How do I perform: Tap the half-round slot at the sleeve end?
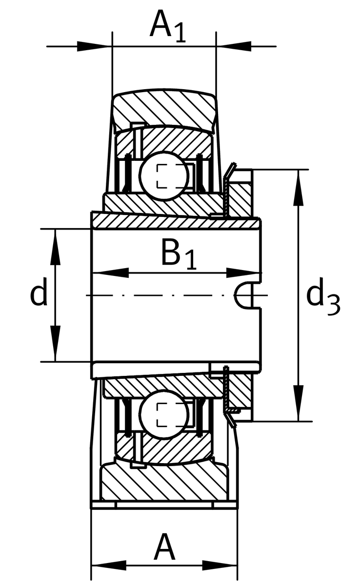(244, 295)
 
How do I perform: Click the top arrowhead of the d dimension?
(55, 239)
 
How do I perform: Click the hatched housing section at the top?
(163, 107)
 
